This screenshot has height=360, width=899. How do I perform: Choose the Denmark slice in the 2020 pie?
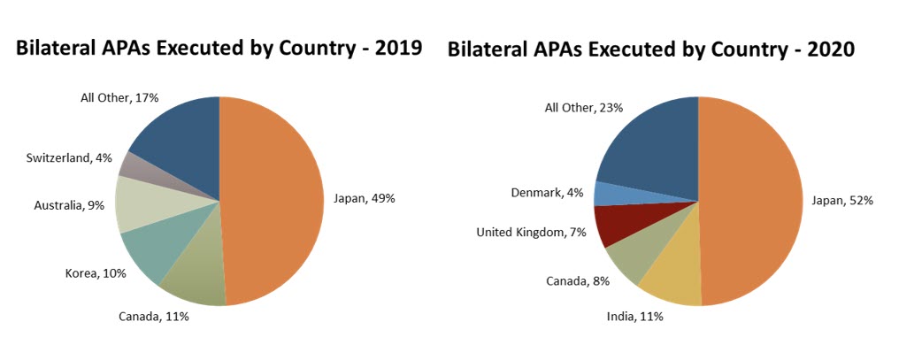[611, 193]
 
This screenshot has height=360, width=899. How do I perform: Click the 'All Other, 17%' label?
[119, 97]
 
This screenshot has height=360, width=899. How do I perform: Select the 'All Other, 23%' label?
[583, 107]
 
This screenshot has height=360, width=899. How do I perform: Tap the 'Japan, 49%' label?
[364, 198]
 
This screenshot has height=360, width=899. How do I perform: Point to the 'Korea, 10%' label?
[96, 273]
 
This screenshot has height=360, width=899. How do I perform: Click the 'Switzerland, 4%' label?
[70, 157]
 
